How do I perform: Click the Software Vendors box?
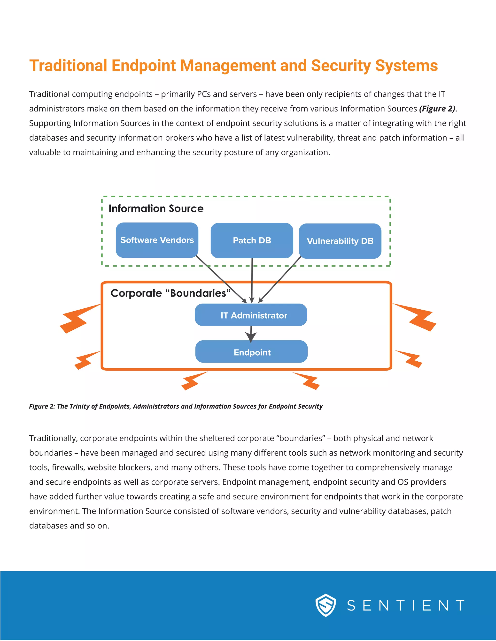click(157, 240)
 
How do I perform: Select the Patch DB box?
click(252, 241)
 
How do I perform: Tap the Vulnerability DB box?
click(340, 241)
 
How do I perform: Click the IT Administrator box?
click(251, 315)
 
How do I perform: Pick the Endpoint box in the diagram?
click(252, 352)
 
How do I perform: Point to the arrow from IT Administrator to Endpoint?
click(251, 334)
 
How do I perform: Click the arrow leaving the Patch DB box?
click(252, 279)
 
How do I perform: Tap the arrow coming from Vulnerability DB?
click(281, 279)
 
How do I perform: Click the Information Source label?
click(156, 208)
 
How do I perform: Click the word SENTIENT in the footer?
click(405, 605)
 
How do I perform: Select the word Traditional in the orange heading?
click(68, 66)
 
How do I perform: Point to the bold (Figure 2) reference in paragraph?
click(437, 109)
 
